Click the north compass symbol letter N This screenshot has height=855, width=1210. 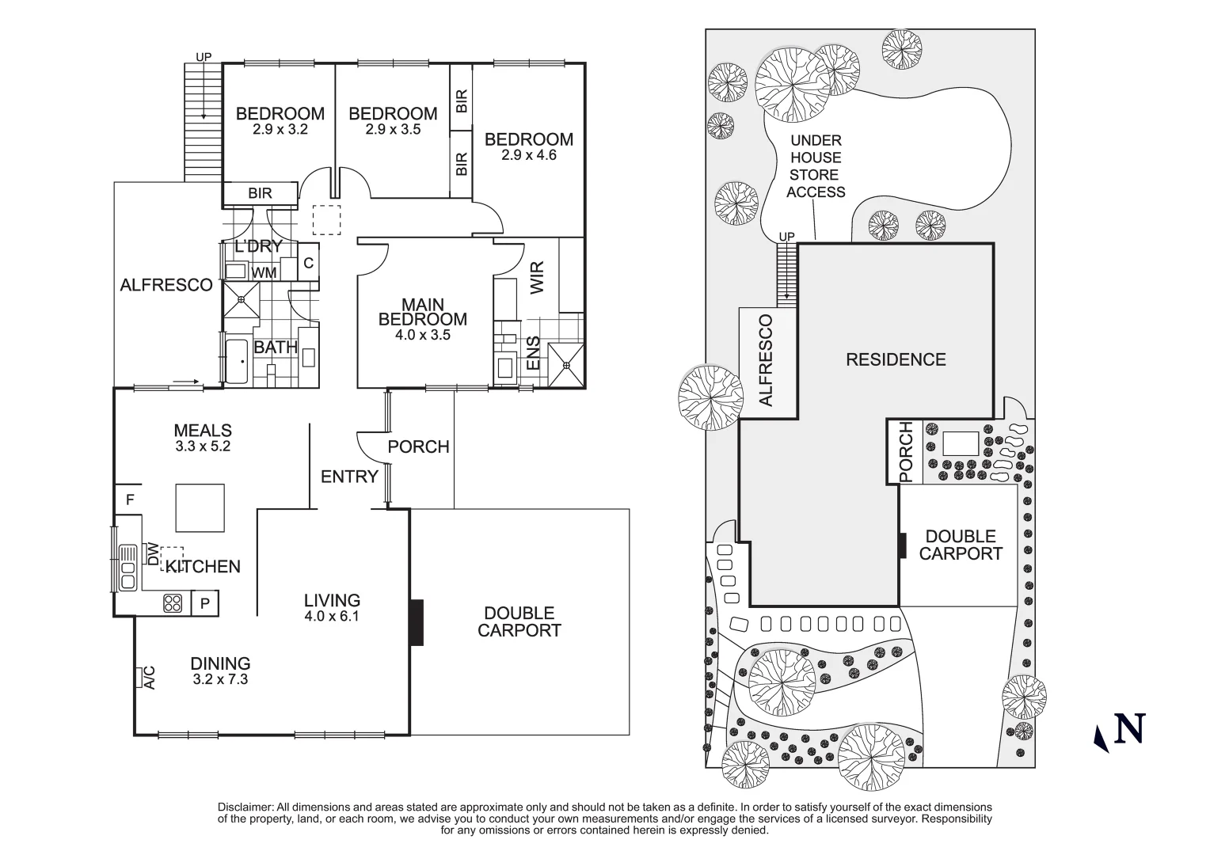click(1130, 729)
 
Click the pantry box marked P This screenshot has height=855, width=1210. click(204, 604)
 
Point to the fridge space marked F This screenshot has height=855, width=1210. click(129, 500)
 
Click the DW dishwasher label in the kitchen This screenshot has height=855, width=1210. click(152, 553)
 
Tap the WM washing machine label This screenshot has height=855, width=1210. click(264, 273)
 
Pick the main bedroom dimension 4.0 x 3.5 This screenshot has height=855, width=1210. click(422, 335)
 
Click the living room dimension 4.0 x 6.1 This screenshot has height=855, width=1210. click(331, 616)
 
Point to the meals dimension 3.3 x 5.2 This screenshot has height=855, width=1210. click(203, 446)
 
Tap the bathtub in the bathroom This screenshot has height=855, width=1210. click(237, 362)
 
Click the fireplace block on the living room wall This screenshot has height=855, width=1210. click(417, 622)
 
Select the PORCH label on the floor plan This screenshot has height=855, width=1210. click(418, 447)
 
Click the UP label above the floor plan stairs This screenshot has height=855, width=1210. click(204, 57)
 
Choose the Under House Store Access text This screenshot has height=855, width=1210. click(816, 166)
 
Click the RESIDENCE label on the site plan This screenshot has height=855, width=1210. click(896, 360)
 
